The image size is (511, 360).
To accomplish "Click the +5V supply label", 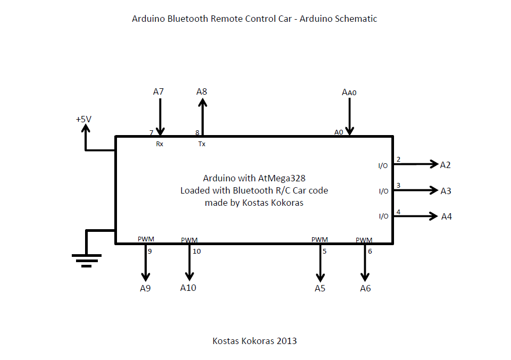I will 83,120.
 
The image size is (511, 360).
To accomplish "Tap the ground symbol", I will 86,259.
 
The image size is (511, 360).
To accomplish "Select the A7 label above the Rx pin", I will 158,92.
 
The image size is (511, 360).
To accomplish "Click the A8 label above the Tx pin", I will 202,92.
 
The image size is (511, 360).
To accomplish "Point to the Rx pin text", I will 160,144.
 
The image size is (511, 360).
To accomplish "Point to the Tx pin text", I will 202,144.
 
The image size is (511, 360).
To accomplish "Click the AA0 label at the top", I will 349,93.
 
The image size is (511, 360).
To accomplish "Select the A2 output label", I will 445,165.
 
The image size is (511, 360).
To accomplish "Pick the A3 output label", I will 446,191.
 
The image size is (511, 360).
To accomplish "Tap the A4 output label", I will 447,216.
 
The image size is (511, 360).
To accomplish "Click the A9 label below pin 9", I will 146,289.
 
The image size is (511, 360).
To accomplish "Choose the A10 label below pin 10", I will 188,288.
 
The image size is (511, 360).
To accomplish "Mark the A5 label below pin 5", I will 320,289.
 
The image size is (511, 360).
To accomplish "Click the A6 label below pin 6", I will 365,289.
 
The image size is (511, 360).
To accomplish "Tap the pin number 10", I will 197,252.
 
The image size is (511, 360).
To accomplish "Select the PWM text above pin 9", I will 146,239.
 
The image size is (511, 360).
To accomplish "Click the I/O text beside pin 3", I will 383,191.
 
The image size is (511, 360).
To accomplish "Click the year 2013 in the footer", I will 286,341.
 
